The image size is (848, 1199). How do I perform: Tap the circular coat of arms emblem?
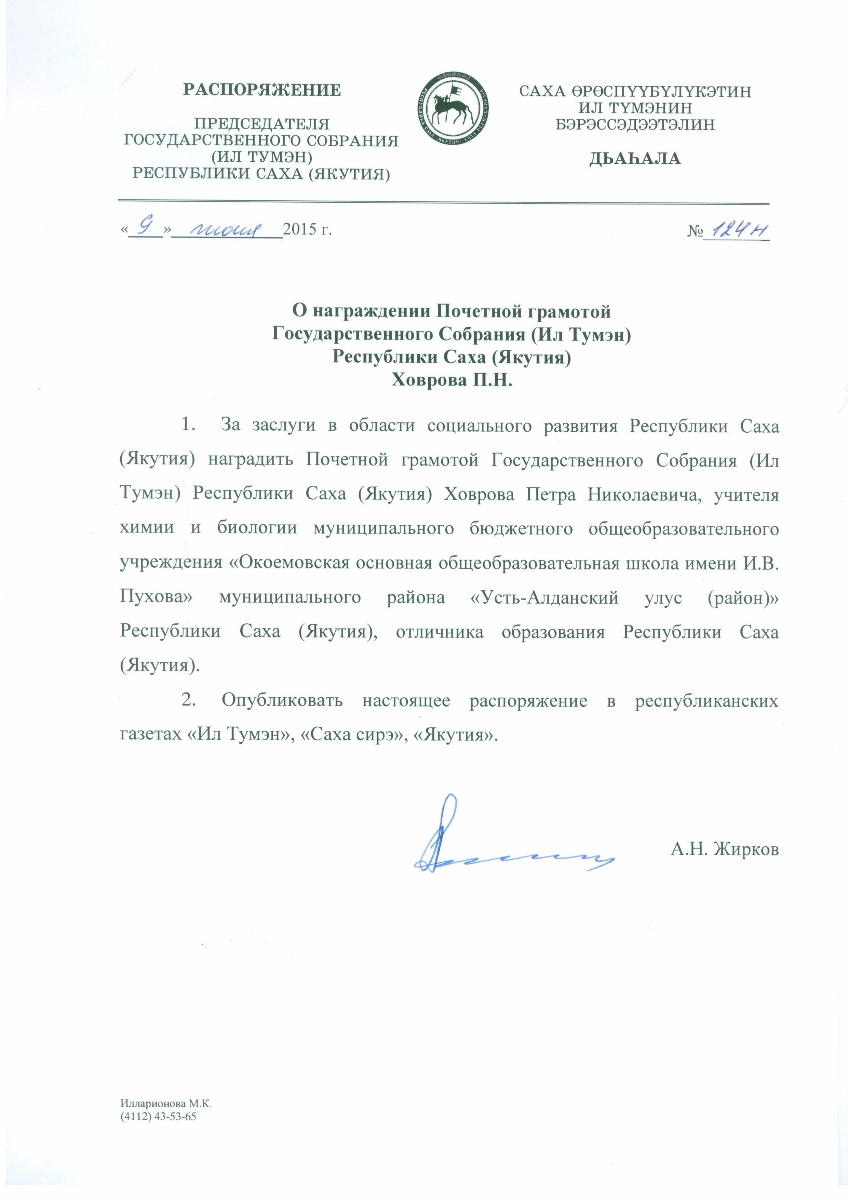click(453, 110)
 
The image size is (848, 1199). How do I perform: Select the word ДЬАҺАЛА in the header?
click(635, 159)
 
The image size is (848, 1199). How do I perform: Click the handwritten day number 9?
click(147, 227)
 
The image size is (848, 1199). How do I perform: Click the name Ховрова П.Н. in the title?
click(452, 380)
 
